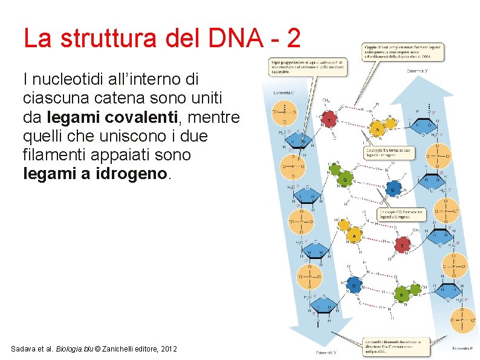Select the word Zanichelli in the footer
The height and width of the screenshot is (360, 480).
click(123, 349)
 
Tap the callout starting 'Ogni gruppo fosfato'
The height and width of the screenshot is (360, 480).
click(308, 66)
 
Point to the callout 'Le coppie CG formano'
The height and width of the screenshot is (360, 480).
click(401, 214)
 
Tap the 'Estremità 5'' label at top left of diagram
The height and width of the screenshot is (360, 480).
click(285, 92)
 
